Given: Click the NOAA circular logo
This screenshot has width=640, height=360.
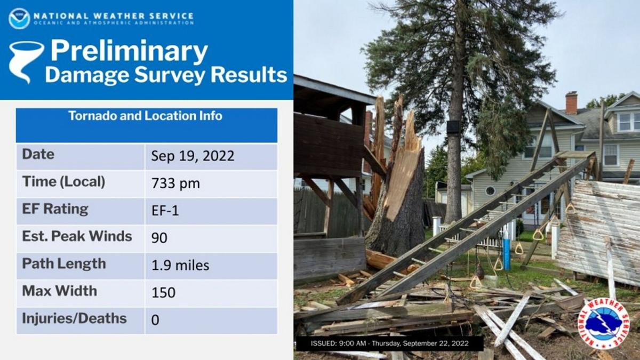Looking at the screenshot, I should pos(19,18).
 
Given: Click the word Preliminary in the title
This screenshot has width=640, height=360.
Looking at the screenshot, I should pos(129,52).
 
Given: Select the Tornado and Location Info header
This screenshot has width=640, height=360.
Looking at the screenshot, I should pos(145,116).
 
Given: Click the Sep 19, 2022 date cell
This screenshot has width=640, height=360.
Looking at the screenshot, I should pos(193,156).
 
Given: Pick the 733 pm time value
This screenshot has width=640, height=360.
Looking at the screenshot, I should pos(175,183).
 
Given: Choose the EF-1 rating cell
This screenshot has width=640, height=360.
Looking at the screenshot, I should pos(165,211).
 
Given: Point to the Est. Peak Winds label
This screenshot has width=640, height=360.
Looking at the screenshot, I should pos(77,236).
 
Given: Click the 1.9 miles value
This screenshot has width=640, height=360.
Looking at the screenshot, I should pos(180,265).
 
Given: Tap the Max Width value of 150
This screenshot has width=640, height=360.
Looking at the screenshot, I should pos(163,293).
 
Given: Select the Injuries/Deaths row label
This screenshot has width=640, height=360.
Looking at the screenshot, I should pos(74,318).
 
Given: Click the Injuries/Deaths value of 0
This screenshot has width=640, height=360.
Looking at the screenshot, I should pos(155,320).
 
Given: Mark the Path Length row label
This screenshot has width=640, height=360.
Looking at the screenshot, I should pos(64,263).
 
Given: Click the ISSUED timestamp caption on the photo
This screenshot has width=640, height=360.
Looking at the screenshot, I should pos(389,343).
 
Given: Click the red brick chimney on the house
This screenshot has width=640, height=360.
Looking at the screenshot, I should pos(571,102).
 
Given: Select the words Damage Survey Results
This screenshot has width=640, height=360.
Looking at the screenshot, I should pos(166,75).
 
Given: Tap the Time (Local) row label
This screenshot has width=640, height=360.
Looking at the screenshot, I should pos(63,182).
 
